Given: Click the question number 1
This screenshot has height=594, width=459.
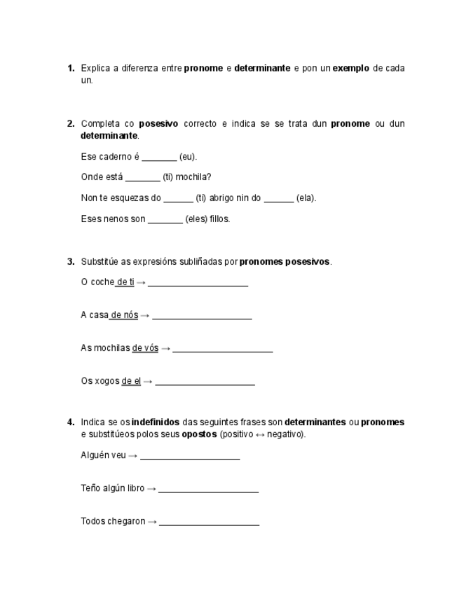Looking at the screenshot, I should [x=71, y=68].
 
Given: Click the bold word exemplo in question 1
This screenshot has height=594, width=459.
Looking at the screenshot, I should [x=351, y=68].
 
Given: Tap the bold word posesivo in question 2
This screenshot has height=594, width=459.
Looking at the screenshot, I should [x=158, y=124].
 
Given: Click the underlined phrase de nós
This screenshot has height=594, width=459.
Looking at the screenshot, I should [x=125, y=315].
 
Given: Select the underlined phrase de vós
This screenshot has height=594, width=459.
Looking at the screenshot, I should [x=145, y=348].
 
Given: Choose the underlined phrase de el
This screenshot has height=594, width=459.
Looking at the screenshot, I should [x=132, y=381].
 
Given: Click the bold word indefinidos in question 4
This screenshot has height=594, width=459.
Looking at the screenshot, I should [x=156, y=422].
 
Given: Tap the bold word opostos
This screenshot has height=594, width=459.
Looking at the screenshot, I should [x=199, y=434].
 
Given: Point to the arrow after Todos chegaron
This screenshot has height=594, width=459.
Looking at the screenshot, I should [x=152, y=522].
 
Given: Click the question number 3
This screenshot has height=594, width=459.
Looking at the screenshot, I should [x=71, y=262].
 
